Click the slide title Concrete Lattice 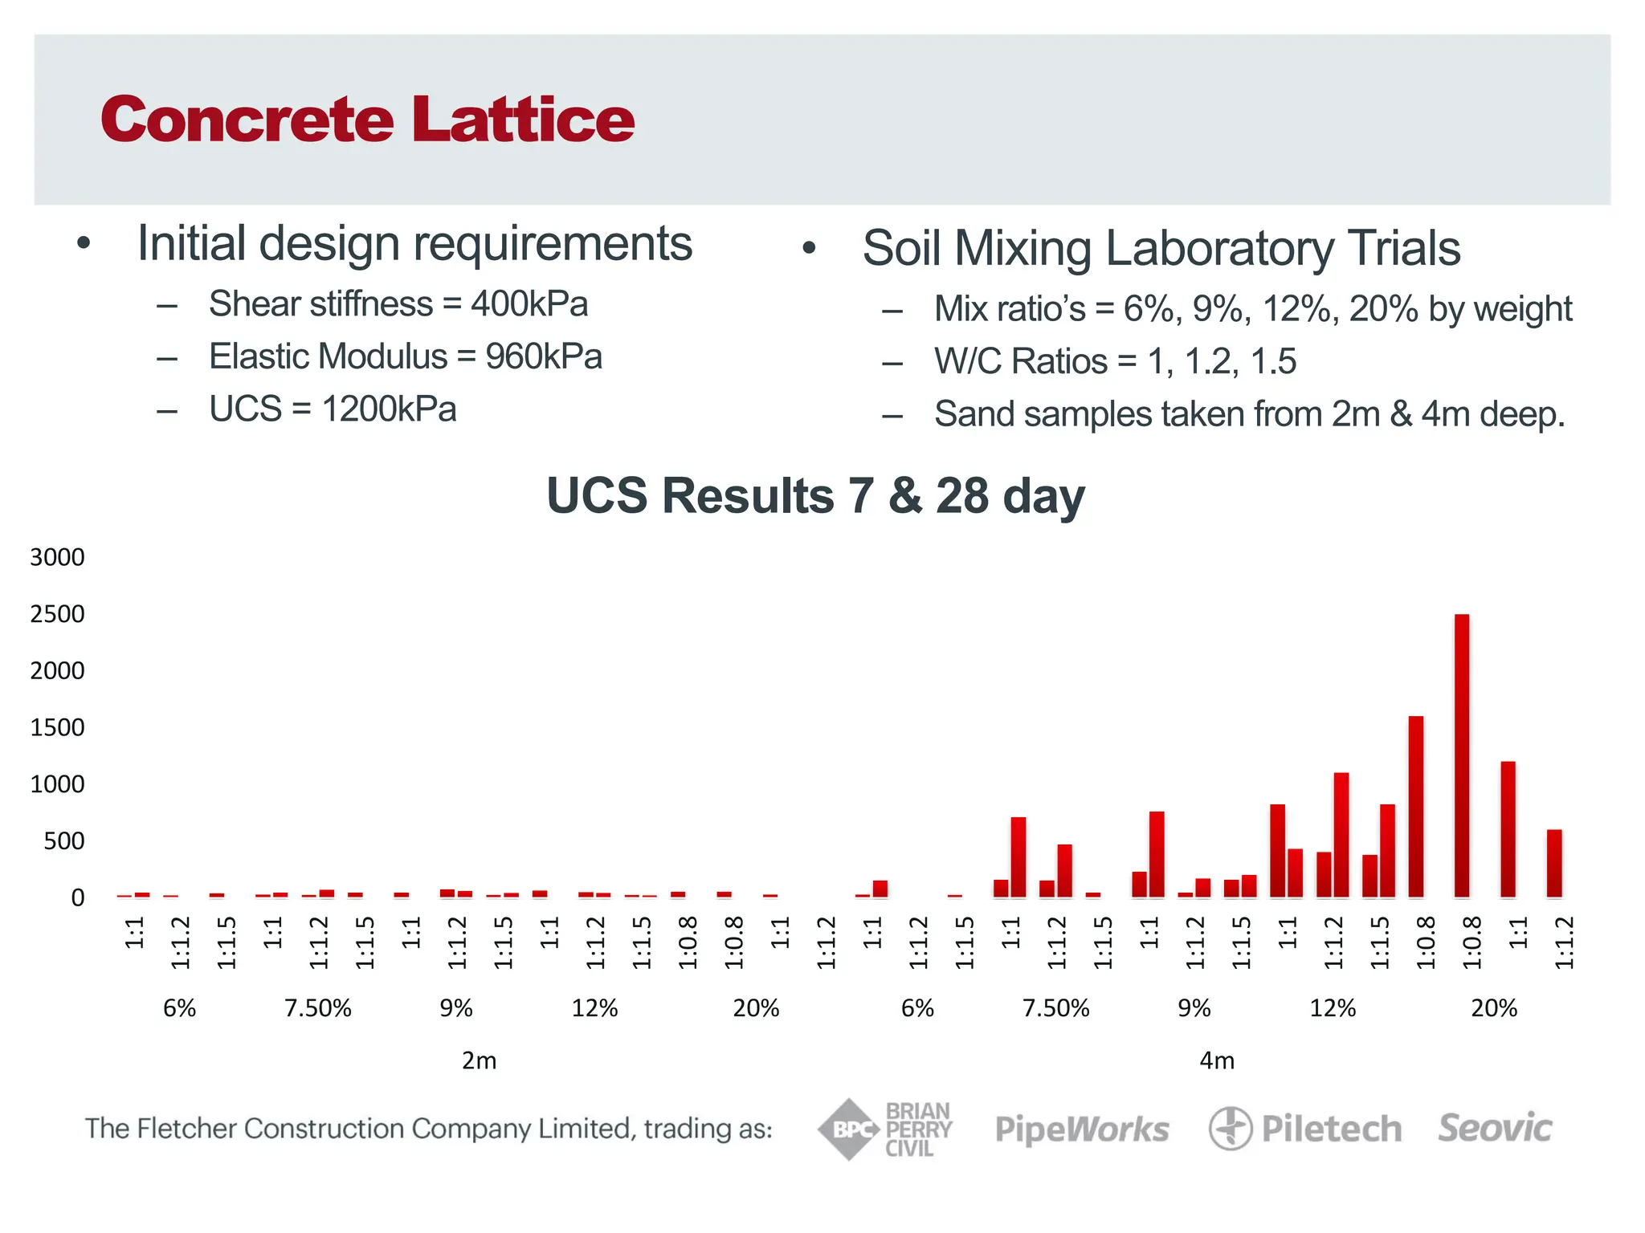click(367, 119)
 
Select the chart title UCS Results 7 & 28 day click(814, 495)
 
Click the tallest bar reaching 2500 click(1461, 755)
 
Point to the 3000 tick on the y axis click(57, 557)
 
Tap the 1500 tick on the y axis click(57, 727)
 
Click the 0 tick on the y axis click(77, 897)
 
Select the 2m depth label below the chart click(479, 1060)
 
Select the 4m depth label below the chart click(1216, 1060)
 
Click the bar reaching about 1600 click(1415, 806)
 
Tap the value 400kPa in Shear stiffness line click(529, 304)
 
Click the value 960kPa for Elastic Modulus click(544, 356)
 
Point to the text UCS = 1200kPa click(333, 409)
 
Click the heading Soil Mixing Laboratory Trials click(1161, 247)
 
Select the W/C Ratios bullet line click(1114, 361)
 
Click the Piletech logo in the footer click(1305, 1129)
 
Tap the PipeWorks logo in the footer click(1081, 1129)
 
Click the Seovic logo click(1495, 1128)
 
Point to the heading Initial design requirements click(414, 243)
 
